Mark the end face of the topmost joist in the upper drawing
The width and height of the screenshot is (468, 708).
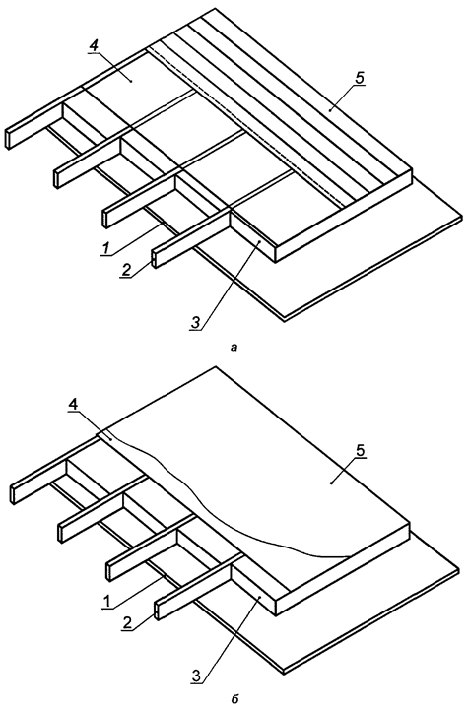[10, 137]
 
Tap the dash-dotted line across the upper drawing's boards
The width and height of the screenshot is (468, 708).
[246, 128]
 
